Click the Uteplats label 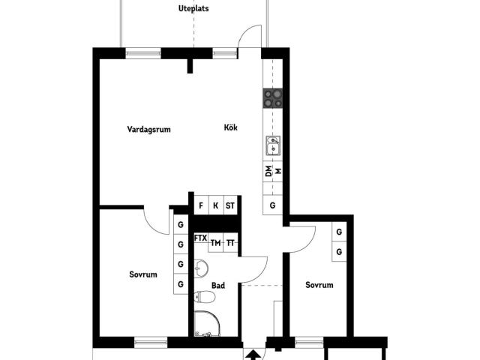[193, 9]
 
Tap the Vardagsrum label [148, 129]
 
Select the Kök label [231, 127]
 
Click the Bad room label [218, 285]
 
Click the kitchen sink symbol [273, 144]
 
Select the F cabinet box [200, 205]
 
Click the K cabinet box [215, 205]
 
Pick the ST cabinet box [230, 205]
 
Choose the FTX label [200, 238]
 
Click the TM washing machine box [215, 242]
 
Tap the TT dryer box [230, 242]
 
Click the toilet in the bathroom [205, 298]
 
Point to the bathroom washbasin [200, 268]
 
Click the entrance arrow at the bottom [254, 354]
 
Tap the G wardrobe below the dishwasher [273, 205]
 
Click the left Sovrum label [143, 274]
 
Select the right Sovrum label [319, 285]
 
